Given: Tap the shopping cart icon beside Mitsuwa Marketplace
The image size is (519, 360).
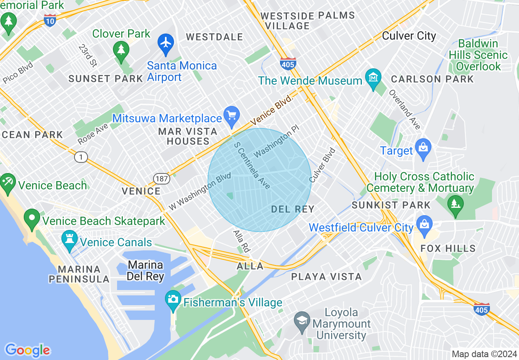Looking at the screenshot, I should point(232,115).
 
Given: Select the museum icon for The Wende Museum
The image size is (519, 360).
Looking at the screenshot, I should point(373,78).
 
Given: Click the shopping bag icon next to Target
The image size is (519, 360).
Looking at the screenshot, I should point(423,148).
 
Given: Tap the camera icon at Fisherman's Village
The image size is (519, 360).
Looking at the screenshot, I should point(173,299).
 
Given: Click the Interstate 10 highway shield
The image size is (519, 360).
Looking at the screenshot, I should point(50,20).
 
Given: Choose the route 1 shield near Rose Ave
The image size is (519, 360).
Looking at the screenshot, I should point(81,157).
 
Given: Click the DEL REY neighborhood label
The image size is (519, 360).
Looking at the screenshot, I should point(293,209).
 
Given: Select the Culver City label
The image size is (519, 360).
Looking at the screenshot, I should point(409,36).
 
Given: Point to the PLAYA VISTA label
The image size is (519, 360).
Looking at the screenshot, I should point(326,277).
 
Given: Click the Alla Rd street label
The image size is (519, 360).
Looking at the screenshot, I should point(241,241).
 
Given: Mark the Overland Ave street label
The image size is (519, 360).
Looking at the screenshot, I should point(404,110).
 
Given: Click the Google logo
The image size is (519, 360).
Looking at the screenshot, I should point(27,350).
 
